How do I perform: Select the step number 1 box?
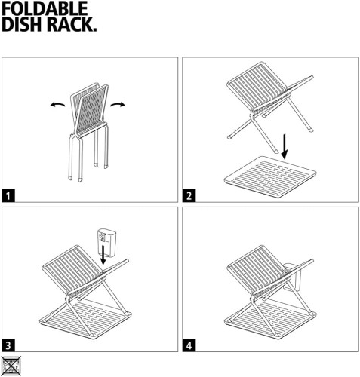[10, 195]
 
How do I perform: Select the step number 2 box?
[189, 195]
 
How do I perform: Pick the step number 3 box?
[10, 345]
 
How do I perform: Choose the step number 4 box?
[189, 345]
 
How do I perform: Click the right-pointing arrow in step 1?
[116, 105]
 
